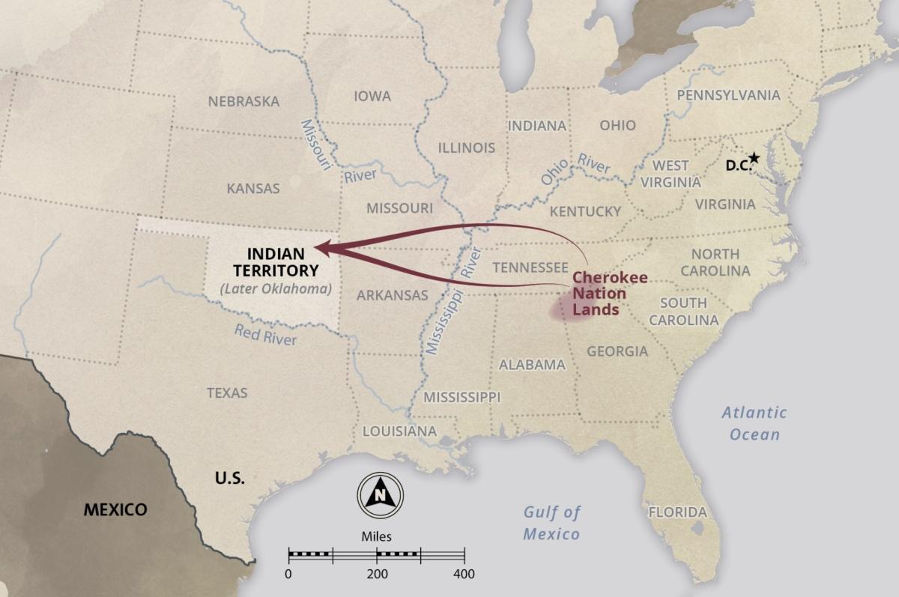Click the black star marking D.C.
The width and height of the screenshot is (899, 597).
point(754,158)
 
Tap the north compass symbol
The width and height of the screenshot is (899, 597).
point(380,494)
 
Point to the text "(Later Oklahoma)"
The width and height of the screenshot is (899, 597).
point(276,288)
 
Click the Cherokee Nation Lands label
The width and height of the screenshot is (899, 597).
point(610,293)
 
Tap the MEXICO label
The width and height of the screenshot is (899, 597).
point(115,509)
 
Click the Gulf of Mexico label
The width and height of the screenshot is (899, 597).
point(551,523)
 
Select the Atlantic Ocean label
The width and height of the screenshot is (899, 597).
point(754,423)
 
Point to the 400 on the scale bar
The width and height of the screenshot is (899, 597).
point(464,575)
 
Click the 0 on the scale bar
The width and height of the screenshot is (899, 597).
point(289,575)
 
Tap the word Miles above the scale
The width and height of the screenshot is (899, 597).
point(376,536)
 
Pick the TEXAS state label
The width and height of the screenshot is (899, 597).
point(227,393)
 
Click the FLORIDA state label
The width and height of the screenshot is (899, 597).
point(677,512)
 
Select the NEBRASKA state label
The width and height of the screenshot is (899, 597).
point(243,101)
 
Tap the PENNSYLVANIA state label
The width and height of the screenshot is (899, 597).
point(728,95)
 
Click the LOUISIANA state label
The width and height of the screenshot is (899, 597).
point(399,431)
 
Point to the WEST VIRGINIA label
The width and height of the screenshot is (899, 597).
point(671,173)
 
